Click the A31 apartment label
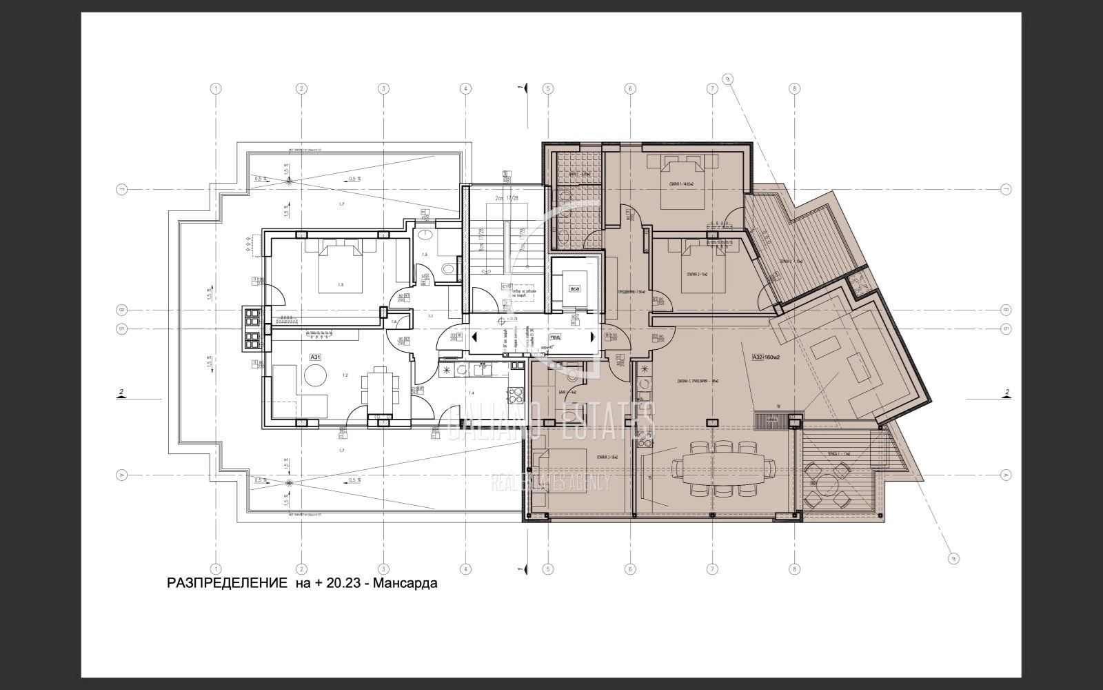(315, 357)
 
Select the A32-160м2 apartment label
(770, 357)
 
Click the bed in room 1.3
(339, 265)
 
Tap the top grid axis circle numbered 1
(216, 88)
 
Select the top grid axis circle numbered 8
(794, 88)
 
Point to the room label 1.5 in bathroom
(425, 255)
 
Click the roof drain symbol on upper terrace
(289, 181)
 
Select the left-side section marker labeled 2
(121, 393)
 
